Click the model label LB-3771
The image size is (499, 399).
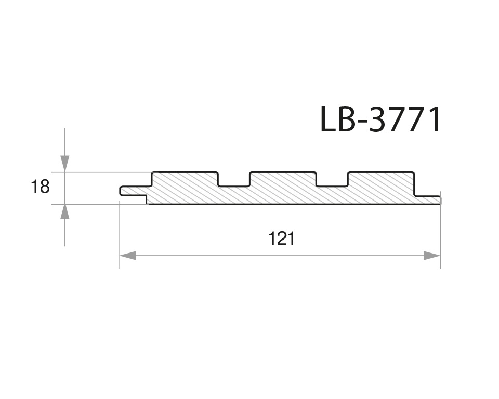(x=380, y=119)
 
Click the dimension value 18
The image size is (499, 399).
(x=40, y=187)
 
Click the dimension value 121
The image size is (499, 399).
(x=281, y=238)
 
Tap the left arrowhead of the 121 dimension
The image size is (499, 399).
(x=128, y=256)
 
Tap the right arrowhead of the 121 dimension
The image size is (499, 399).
(x=432, y=256)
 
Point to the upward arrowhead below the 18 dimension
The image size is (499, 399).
(x=64, y=212)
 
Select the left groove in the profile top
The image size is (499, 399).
(x=233, y=178)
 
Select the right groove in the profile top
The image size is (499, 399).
(x=332, y=178)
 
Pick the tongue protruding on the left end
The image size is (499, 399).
(x=133, y=191)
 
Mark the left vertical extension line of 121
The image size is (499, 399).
(x=120, y=234)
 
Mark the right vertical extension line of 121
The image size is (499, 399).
(x=440, y=234)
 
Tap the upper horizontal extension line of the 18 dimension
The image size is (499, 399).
(x=104, y=172)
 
